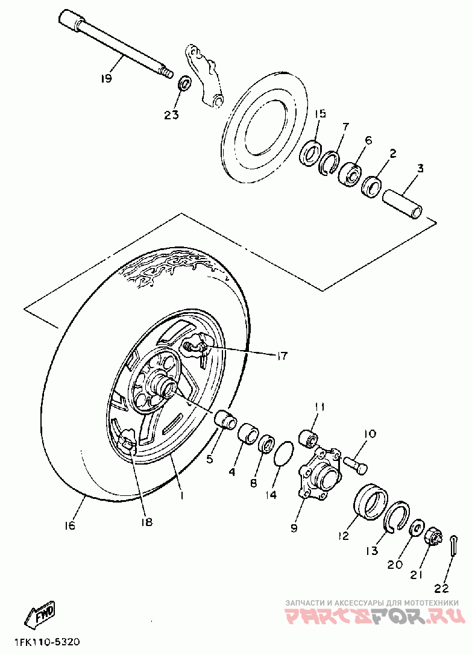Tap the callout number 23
pos(172,114)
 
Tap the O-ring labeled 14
pos(285,453)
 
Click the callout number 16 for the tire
pos(70,526)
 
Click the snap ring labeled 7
pos(329,162)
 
